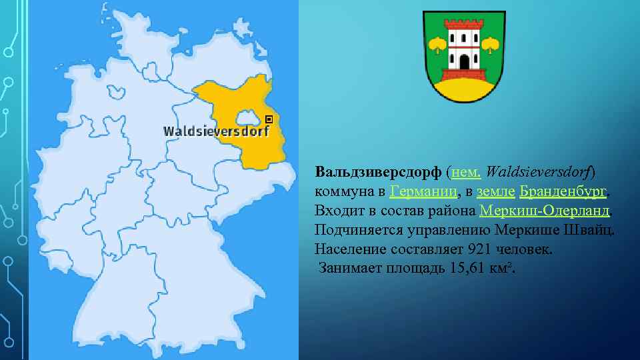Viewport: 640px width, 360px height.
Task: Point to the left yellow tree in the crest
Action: [x=438, y=45]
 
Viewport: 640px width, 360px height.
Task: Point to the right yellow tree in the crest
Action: [x=491, y=45]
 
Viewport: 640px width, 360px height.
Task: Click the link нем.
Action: [x=467, y=172]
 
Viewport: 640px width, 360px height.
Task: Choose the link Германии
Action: [x=424, y=191]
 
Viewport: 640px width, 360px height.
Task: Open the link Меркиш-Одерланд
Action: [x=544, y=211]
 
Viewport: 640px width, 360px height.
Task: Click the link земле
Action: [x=495, y=191]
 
